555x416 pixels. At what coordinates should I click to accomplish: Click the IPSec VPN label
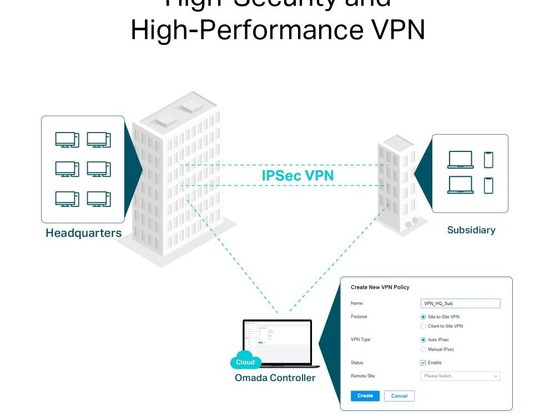tap(298, 176)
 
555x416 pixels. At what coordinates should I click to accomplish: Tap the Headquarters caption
tap(84, 233)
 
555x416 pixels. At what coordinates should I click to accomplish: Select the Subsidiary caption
tap(471, 230)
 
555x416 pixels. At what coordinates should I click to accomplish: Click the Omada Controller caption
tap(275, 378)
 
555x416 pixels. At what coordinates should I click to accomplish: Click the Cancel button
tap(399, 396)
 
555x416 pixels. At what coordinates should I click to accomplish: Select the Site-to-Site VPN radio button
tap(423, 317)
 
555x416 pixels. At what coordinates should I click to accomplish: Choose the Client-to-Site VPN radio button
tap(423, 326)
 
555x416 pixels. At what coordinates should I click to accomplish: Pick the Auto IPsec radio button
tap(423, 339)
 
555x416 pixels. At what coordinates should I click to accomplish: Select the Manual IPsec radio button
tap(423, 349)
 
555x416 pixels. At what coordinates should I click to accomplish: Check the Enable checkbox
tap(423, 363)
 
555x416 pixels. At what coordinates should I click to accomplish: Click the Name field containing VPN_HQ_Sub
tap(461, 303)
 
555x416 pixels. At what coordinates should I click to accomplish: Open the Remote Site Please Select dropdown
tap(461, 376)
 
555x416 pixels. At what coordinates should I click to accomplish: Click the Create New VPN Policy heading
tap(380, 287)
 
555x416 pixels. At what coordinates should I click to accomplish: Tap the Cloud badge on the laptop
tap(245, 362)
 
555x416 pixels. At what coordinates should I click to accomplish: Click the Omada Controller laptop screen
tap(277, 342)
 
